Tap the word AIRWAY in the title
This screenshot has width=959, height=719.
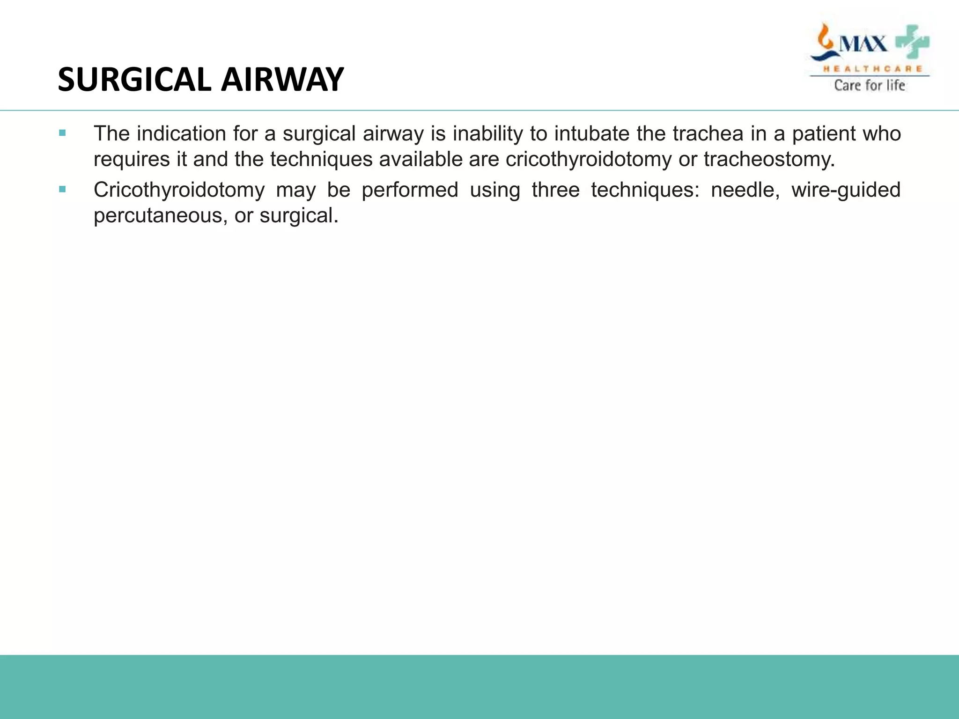point(282,80)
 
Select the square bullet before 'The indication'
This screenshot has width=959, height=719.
point(62,133)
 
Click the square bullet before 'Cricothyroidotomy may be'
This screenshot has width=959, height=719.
point(62,189)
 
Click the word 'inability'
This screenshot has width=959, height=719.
point(487,134)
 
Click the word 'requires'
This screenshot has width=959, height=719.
point(132,160)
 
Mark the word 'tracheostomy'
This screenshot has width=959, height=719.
point(769,160)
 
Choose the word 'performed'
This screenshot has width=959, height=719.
point(410,190)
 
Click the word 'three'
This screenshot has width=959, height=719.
point(555,190)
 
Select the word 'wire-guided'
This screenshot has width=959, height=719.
point(846,190)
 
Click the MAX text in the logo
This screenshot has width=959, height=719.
point(863,44)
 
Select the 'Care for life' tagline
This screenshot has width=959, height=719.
point(870,85)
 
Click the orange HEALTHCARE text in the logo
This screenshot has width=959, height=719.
point(873,69)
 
